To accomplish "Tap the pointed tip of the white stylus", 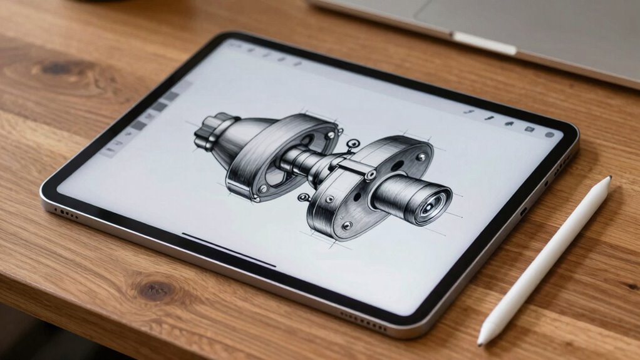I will [480, 342].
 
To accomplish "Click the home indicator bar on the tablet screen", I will [229, 250].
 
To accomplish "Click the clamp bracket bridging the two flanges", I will [354, 168].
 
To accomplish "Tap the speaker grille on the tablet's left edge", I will [66, 213].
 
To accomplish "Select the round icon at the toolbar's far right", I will [550, 135].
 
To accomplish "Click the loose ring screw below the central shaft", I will [304, 197].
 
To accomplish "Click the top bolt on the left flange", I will [330, 135].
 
